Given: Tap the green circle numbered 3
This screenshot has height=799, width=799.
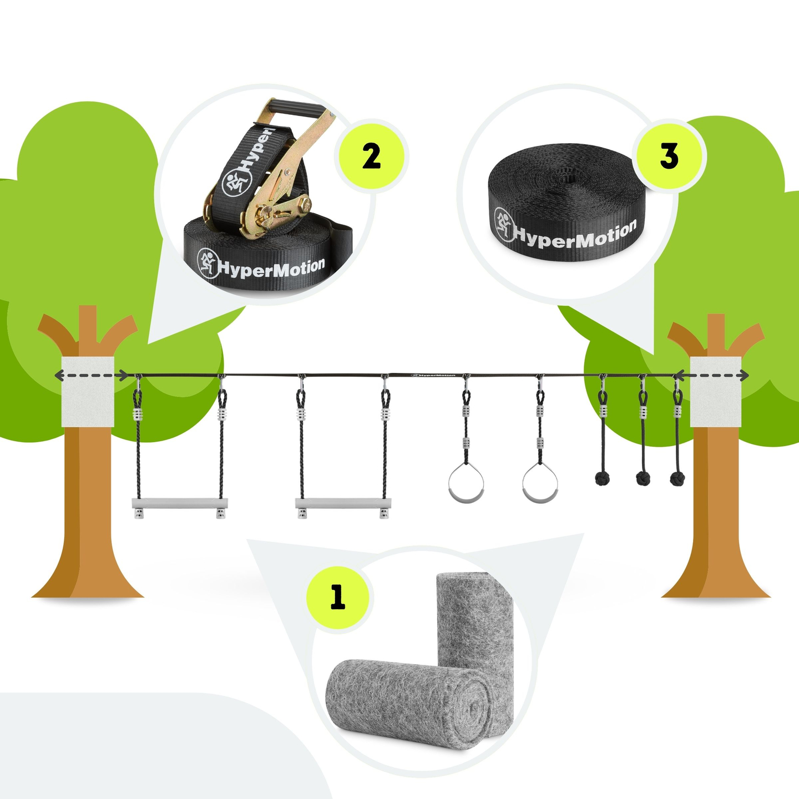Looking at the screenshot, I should point(669,156).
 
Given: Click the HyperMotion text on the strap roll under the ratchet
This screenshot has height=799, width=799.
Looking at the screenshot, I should point(271,267).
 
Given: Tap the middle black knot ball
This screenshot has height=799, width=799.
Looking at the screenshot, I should point(643,479).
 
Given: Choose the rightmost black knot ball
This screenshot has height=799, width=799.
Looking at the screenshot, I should point(677,479).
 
